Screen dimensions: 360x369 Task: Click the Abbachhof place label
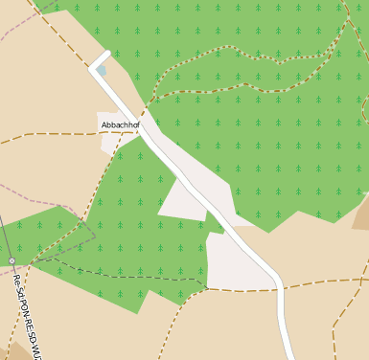point(121,124)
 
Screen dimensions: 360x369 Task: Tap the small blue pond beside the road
point(102,69)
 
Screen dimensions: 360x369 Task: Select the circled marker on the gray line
point(11,260)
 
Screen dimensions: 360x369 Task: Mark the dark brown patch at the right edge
point(361,215)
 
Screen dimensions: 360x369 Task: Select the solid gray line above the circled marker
point(4,230)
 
